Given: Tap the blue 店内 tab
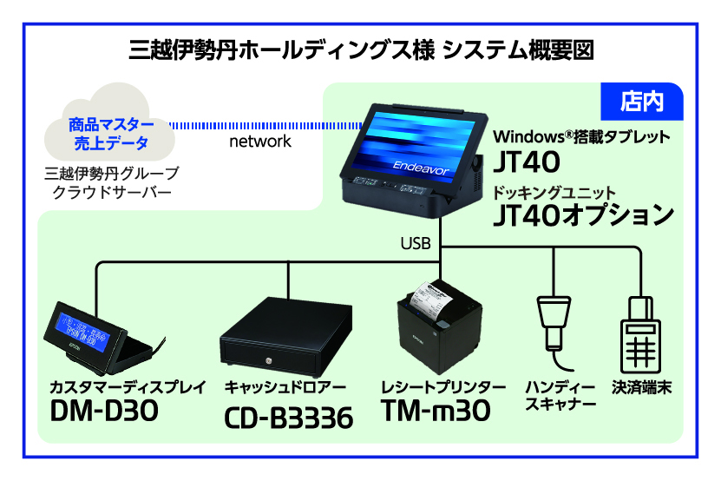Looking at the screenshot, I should (x=643, y=101).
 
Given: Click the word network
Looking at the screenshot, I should (x=259, y=142).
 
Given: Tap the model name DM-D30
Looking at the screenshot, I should (x=104, y=411).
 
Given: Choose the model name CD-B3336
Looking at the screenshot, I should (x=288, y=418).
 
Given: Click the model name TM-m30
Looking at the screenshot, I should (x=437, y=411).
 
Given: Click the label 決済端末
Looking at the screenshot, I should (x=642, y=386).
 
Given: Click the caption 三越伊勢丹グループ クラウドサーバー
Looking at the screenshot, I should (x=110, y=181).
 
